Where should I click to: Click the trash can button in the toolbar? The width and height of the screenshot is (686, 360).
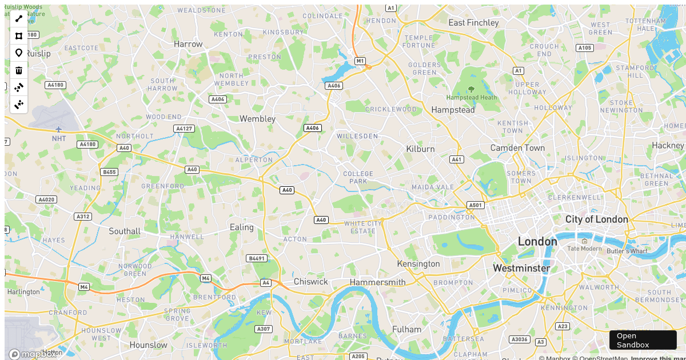[19, 70]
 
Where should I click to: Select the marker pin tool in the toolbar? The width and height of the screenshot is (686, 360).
[19, 53]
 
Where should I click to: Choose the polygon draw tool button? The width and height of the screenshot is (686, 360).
[19, 36]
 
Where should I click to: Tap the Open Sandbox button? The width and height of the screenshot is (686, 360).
[643, 340]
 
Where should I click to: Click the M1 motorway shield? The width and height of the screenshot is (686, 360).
[360, 61]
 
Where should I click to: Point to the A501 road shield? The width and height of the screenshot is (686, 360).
[475, 205]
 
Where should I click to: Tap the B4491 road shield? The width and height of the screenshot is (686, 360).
[257, 258]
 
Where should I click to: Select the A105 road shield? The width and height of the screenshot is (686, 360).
[584, 48]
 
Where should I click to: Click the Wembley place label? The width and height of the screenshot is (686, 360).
[257, 119]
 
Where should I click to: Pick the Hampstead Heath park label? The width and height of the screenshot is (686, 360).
[472, 97]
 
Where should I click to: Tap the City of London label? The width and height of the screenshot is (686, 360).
[596, 219]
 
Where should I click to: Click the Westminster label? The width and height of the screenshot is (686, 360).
[521, 268]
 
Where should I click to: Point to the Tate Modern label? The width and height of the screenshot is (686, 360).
[584, 249]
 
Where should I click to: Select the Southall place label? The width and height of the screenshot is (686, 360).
[125, 231]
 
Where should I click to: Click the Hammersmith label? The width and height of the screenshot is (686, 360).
[377, 282]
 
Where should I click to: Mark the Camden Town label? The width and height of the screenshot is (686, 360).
[517, 148]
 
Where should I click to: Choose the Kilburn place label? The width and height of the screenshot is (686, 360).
[420, 149]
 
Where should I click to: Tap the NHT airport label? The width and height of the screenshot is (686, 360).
[59, 138]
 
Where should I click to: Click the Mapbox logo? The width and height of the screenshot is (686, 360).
[33, 354]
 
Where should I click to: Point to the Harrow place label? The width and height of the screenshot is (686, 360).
[188, 44]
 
